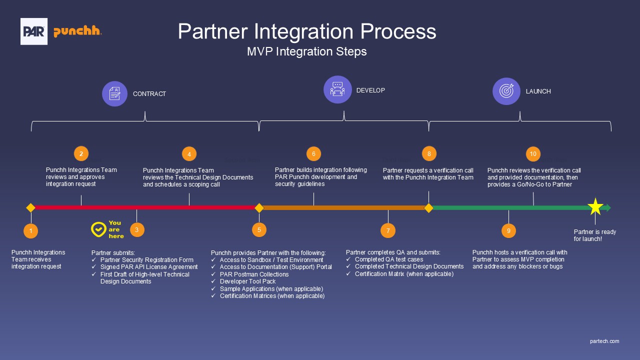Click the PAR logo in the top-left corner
point(34,31)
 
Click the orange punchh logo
point(77,31)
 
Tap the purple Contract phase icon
point(115,93)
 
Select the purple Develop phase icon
point(337,89)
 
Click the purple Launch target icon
point(506,91)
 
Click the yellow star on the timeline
point(595,206)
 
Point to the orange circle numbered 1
point(31,231)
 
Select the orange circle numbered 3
point(137,230)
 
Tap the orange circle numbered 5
point(259,230)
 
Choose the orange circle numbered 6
point(313,154)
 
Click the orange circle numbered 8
point(429,153)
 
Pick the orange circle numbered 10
point(533,154)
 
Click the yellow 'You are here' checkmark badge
point(98,229)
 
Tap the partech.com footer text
point(604,341)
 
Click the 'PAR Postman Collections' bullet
point(254,274)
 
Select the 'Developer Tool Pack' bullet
point(248,281)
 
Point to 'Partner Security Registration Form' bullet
point(146,260)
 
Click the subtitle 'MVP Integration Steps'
point(306,51)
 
